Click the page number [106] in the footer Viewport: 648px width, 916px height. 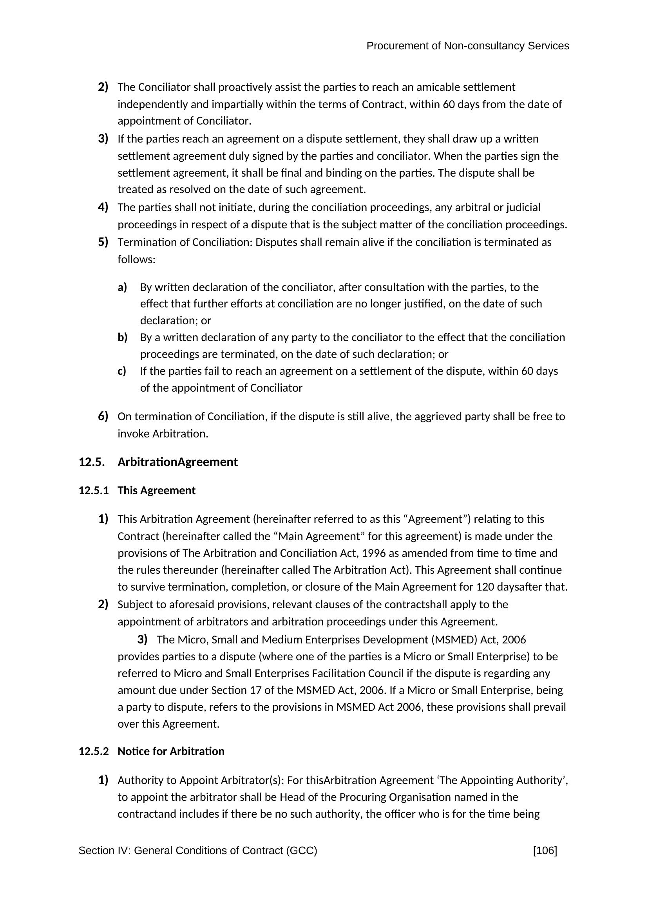(x=545, y=851)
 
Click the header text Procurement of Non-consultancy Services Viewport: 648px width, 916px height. (x=468, y=46)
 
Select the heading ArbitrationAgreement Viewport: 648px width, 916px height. (x=177, y=462)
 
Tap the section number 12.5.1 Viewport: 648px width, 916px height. (x=93, y=490)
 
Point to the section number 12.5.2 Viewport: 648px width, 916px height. (x=93, y=751)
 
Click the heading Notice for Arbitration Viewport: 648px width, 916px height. (x=171, y=751)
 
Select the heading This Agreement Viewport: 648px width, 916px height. (x=156, y=490)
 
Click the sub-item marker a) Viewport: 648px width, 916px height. (x=122, y=287)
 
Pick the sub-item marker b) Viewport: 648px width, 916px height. (x=122, y=337)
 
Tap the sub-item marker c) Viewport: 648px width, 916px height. (x=122, y=370)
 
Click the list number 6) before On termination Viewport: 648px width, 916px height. (x=103, y=416)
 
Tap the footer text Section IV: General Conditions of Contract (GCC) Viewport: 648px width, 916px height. (x=197, y=851)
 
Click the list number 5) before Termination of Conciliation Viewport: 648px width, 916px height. (x=103, y=242)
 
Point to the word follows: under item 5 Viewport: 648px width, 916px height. (x=136, y=259)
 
